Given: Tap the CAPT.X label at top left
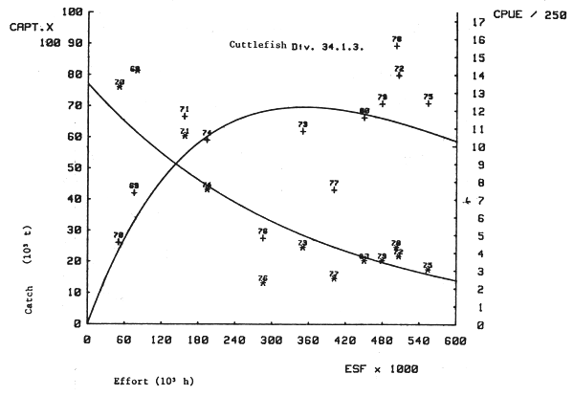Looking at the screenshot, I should point(25,29).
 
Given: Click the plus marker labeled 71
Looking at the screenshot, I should point(184,117).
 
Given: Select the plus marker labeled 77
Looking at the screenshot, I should point(334,190).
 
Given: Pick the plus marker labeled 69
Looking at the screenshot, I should point(134,193).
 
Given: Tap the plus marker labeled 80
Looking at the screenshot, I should point(364,118).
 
